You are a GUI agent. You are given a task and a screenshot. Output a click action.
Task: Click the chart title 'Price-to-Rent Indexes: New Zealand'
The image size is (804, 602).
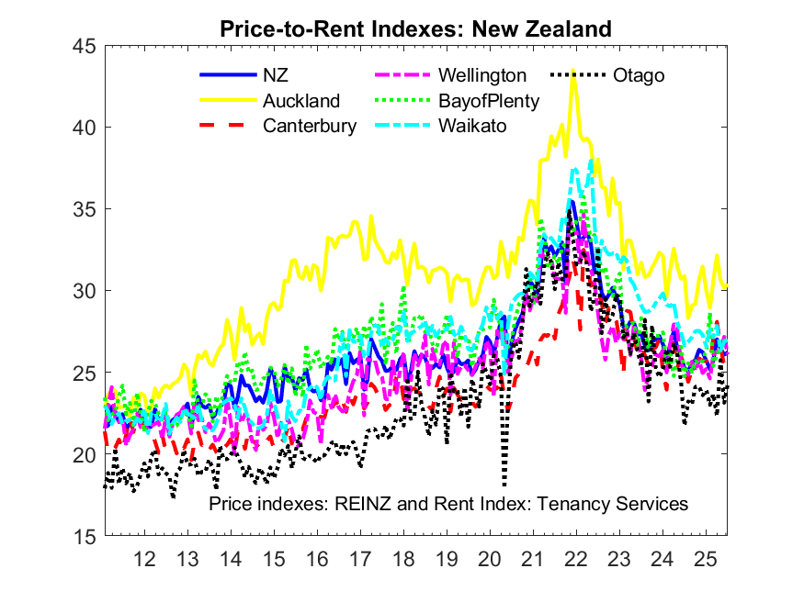click(415, 29)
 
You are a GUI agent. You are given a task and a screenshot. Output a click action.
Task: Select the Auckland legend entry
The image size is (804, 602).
click(301, 101)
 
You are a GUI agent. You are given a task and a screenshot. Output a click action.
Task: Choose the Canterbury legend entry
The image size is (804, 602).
click(310, 126)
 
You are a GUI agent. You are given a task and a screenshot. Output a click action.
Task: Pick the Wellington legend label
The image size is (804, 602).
click(482, 75)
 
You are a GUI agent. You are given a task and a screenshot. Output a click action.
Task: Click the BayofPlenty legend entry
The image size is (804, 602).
click(488, 101)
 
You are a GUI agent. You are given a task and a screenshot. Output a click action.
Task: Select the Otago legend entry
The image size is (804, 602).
click(639, 75)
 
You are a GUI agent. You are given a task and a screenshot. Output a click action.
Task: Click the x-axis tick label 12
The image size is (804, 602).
click(144, 558)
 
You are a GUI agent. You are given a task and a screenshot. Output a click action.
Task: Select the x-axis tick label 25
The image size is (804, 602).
click(706, 558)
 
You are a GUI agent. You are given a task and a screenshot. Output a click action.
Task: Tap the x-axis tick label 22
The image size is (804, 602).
click(576, 558)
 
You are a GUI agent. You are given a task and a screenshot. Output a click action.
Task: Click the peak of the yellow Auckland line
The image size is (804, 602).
click(573, 70)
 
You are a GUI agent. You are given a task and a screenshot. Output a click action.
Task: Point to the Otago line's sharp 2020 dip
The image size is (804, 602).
click(504, 484)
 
